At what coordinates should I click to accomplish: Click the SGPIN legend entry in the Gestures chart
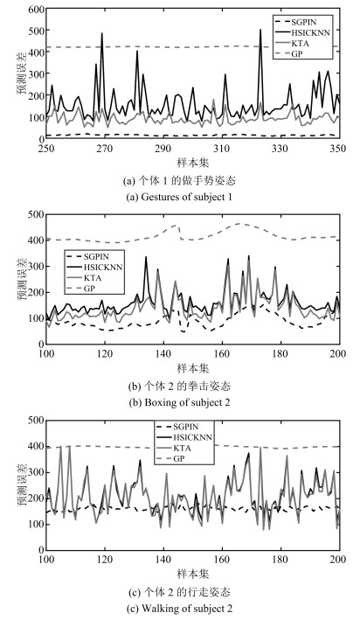[x=302, y=22]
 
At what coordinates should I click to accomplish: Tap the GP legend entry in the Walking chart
[x=183, y=458]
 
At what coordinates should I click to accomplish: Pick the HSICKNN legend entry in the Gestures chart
[x=302, y=32]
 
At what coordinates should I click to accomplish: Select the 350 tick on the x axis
[x=338, y=149]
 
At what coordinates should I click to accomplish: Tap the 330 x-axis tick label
[x=280, y=149]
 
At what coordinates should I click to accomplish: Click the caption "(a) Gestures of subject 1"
[x=179, y=197]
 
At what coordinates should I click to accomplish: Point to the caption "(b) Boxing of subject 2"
[x=179, y=402]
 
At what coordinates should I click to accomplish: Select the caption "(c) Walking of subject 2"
[x=179, y=608]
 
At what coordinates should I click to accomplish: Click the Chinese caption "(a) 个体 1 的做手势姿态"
[x=179, y=181]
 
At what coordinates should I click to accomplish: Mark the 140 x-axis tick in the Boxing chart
[x=163, y=353]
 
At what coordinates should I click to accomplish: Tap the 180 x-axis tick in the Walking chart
[x=280, y=559]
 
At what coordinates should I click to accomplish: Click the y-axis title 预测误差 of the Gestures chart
[x=22, y=74]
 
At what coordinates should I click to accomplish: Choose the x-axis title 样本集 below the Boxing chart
[x=193, y=368]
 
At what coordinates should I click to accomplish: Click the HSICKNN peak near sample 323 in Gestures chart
[x=260, y=29]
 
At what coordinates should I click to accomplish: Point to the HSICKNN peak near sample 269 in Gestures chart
[x=102, y=33]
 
